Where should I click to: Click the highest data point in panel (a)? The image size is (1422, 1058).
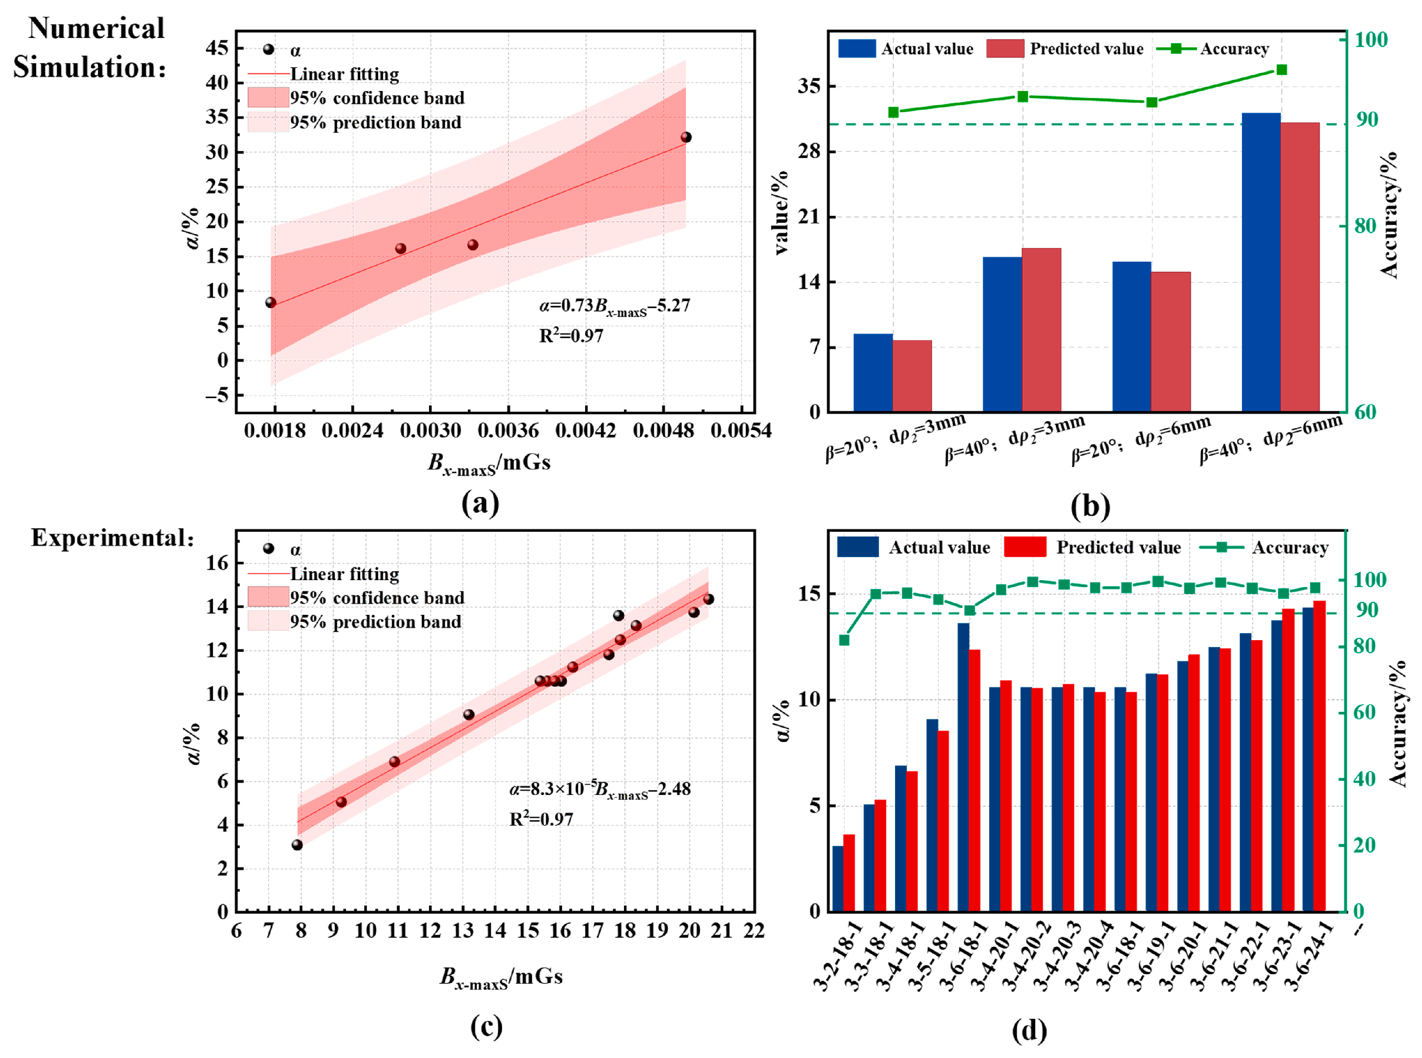coord(686,137)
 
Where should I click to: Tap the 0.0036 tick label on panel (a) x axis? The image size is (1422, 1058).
coord(508,431)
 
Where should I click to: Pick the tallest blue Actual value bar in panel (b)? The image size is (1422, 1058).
coord(1261,262)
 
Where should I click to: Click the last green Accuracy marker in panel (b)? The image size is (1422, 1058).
coord(1281,70)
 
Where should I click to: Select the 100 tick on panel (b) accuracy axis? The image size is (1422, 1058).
coord(1371,40)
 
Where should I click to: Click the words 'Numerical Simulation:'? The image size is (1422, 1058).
coord(90,48)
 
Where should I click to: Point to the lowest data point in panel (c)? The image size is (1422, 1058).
coord(297,845)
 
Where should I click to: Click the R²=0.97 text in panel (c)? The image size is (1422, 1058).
coord(541,819)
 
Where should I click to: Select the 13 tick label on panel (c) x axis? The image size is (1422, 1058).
coord(462,930)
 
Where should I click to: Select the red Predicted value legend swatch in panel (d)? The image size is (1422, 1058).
coord(1024,547)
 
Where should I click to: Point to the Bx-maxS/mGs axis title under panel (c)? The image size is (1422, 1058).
coord(501,977)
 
